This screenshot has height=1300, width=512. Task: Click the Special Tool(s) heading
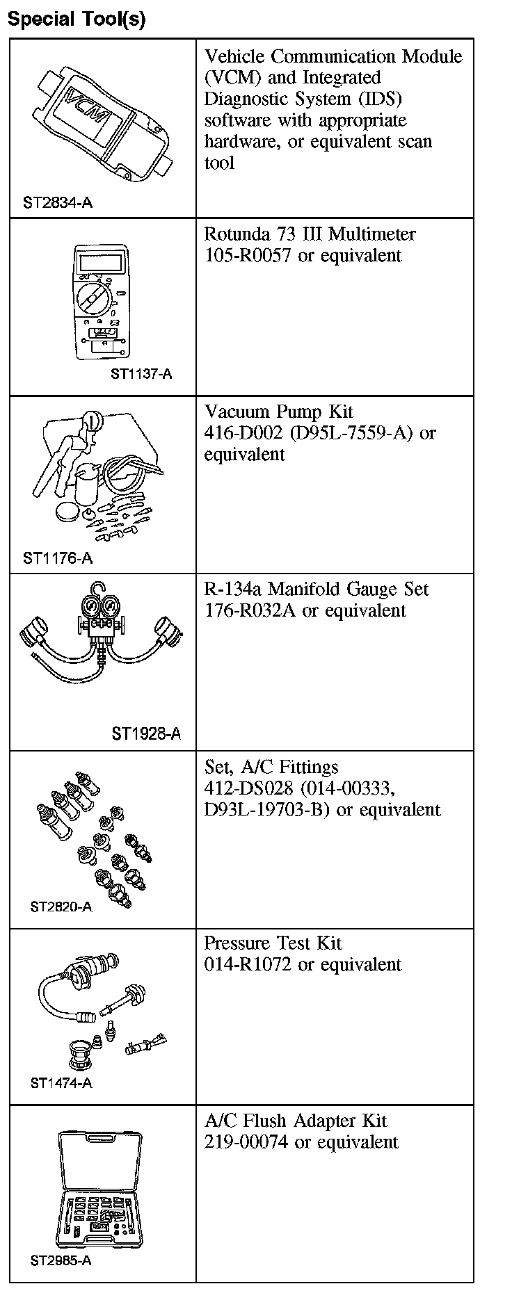pos(77,19)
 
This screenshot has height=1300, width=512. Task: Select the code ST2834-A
pos(58,203)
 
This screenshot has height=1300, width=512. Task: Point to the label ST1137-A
pos(141,374)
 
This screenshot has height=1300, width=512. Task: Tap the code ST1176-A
pos(58,558)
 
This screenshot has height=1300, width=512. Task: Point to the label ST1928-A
pos(146,734)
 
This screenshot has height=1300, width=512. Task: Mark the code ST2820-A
pos(61,907)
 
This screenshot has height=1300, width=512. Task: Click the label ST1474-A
pos(61,1083)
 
